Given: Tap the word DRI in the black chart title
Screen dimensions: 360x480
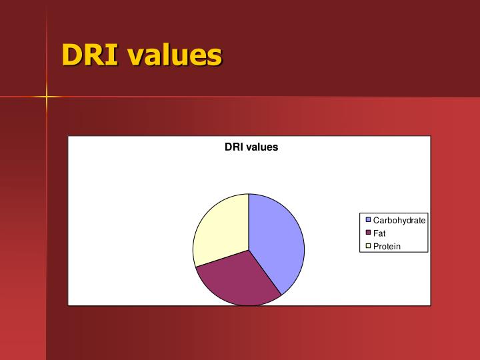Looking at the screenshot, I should tap(234, 147).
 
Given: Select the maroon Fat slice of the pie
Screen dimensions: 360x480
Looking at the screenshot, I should tap(237, 280).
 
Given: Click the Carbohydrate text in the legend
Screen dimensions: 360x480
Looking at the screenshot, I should tap(399, 220).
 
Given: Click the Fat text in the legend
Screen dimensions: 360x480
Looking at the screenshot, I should tap(379, 233).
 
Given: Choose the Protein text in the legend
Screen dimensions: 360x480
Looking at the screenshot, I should tap(387, 247).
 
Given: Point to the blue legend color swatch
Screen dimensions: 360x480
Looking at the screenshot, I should tap(367, 220).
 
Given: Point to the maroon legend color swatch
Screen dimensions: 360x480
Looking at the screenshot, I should tap(367, 233).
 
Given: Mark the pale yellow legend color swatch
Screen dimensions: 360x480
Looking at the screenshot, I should tap(367, 247).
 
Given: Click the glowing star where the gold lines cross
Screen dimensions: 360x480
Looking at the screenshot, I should tap(47, 97).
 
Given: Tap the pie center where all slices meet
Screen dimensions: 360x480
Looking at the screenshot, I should tap(249, 250).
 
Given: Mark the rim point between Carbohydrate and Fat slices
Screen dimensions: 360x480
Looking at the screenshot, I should tap(282, 295).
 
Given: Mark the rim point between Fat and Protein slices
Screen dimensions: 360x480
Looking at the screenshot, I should tap(196, 267).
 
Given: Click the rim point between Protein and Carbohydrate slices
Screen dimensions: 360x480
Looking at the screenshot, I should tap(249, 194).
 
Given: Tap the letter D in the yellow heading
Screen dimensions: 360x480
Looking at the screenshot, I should tap(71, 55).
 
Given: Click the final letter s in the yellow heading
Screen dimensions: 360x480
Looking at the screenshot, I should tap(215, 56).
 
